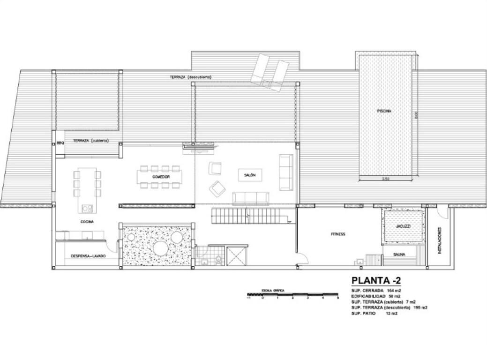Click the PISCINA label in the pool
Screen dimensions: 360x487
pos(383,112)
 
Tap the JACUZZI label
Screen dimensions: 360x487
pos(403,226)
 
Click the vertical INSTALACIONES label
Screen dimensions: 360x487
pos(440,240)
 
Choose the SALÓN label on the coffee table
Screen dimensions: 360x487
pos(249,174)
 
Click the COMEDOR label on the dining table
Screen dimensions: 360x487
pos(160,176)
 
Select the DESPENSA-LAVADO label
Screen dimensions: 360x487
pos(88,256)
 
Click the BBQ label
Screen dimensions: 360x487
pos(60,143)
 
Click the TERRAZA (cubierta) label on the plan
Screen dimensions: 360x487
pos(91,141)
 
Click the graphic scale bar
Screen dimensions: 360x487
pos(293,294)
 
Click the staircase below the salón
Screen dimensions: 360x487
pos(248,217)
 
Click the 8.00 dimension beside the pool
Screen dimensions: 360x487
pos(416,114)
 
